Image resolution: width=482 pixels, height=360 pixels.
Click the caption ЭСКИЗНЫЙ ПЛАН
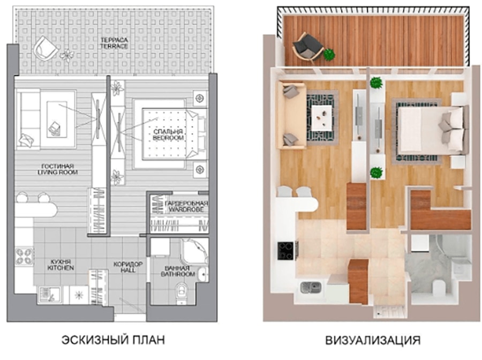[114, 340]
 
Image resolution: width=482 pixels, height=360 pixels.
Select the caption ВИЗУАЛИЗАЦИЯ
[373, 340]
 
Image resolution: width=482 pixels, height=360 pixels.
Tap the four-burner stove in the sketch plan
[24, 256]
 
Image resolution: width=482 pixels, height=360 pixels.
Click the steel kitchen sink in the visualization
[311, 287]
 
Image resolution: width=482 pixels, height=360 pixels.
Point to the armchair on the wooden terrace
[307, 48]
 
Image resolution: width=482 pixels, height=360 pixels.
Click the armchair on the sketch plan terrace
[46, 48]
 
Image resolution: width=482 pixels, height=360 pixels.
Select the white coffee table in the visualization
[321, 118]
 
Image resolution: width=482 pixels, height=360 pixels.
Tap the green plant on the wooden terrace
[329, 55]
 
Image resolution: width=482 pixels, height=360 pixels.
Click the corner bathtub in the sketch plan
[194, 251]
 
